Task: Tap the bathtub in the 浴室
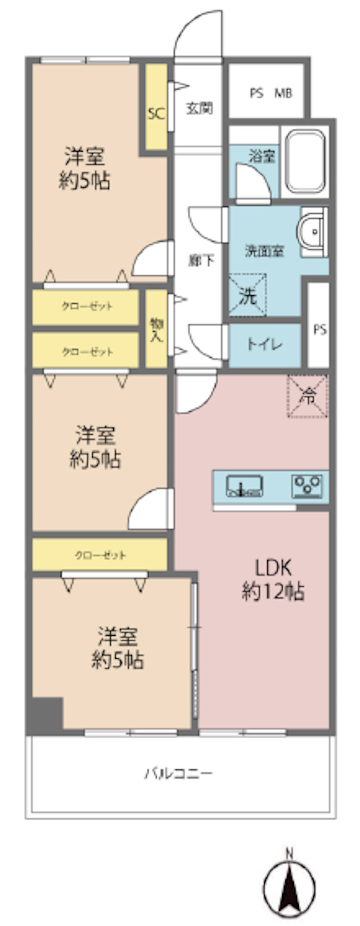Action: pos(306,161)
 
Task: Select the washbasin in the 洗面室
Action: pos(313,232)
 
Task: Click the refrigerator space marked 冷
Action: pos(308,396)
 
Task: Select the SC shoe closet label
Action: pos(156,113)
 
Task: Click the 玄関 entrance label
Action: pos(199,108)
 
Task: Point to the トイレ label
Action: pos(264,345)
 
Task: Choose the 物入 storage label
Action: pos(156,330)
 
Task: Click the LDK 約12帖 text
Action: pos(273,580)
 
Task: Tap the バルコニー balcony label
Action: pos(178,774)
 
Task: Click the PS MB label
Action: pos(271,93)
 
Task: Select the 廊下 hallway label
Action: pos(201,260)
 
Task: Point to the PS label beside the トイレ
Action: pos(319,330)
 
